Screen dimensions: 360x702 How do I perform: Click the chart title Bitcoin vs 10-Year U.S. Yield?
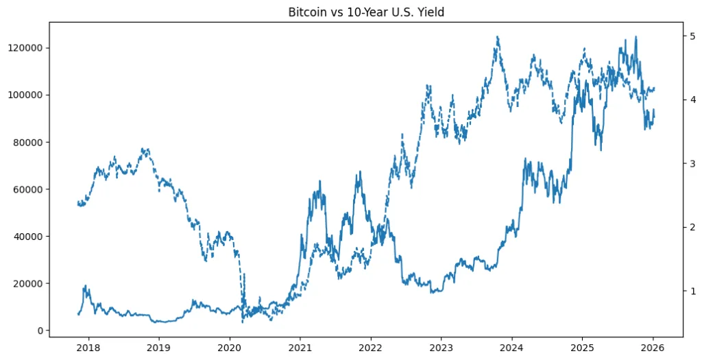pos(366,12)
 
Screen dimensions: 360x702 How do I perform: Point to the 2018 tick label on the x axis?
pos(88,348)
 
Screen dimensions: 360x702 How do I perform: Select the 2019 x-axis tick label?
pos(159,348)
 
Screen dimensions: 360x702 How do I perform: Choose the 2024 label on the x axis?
pos(511,348)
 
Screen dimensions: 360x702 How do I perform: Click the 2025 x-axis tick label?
pos(582,348)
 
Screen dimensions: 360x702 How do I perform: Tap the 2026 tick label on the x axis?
pos(653,348)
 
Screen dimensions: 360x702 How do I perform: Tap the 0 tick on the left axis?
pos(40,331)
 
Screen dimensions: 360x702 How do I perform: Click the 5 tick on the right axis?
pos(692,36)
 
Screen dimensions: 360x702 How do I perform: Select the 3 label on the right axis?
pos(692,163)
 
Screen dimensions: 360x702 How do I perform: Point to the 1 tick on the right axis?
pos(692,291)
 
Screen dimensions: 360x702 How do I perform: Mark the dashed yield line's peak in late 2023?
pos(497,38)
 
